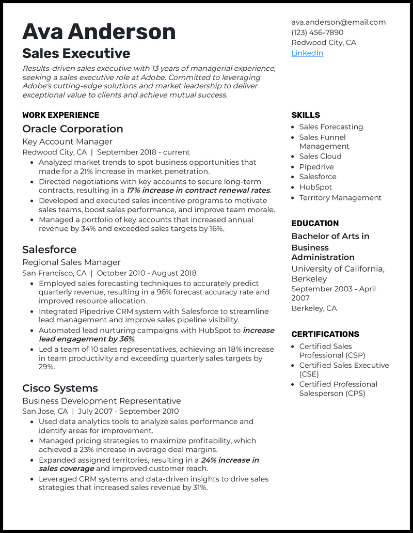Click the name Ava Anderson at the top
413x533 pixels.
(x=99, y=32)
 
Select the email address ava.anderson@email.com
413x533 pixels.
(x=338, y=22)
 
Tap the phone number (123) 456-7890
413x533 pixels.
(x=317, y=33)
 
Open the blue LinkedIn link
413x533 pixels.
(x=307, y=53)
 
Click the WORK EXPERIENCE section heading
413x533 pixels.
(x=60, y=115)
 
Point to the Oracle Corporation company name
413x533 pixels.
(x=72, y=129)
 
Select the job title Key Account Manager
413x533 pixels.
(x=67, y=142)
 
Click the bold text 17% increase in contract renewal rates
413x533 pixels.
(x=198, y=191)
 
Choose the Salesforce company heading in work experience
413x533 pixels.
(x=49, y=249)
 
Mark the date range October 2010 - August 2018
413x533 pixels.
(x=147, y=273)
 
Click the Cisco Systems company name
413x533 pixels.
(x=60, y=388)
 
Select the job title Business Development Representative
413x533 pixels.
(x=101, y=401)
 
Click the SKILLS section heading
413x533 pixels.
(x=306, y=115)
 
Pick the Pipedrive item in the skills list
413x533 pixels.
(x=316, y=167)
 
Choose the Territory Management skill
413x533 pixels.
(x=340, y=198)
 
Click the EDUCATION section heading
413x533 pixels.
(x=315, y=224)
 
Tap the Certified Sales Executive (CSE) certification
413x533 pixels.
(x=344, y=370)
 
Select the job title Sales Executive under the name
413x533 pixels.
(x=76, y=54)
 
